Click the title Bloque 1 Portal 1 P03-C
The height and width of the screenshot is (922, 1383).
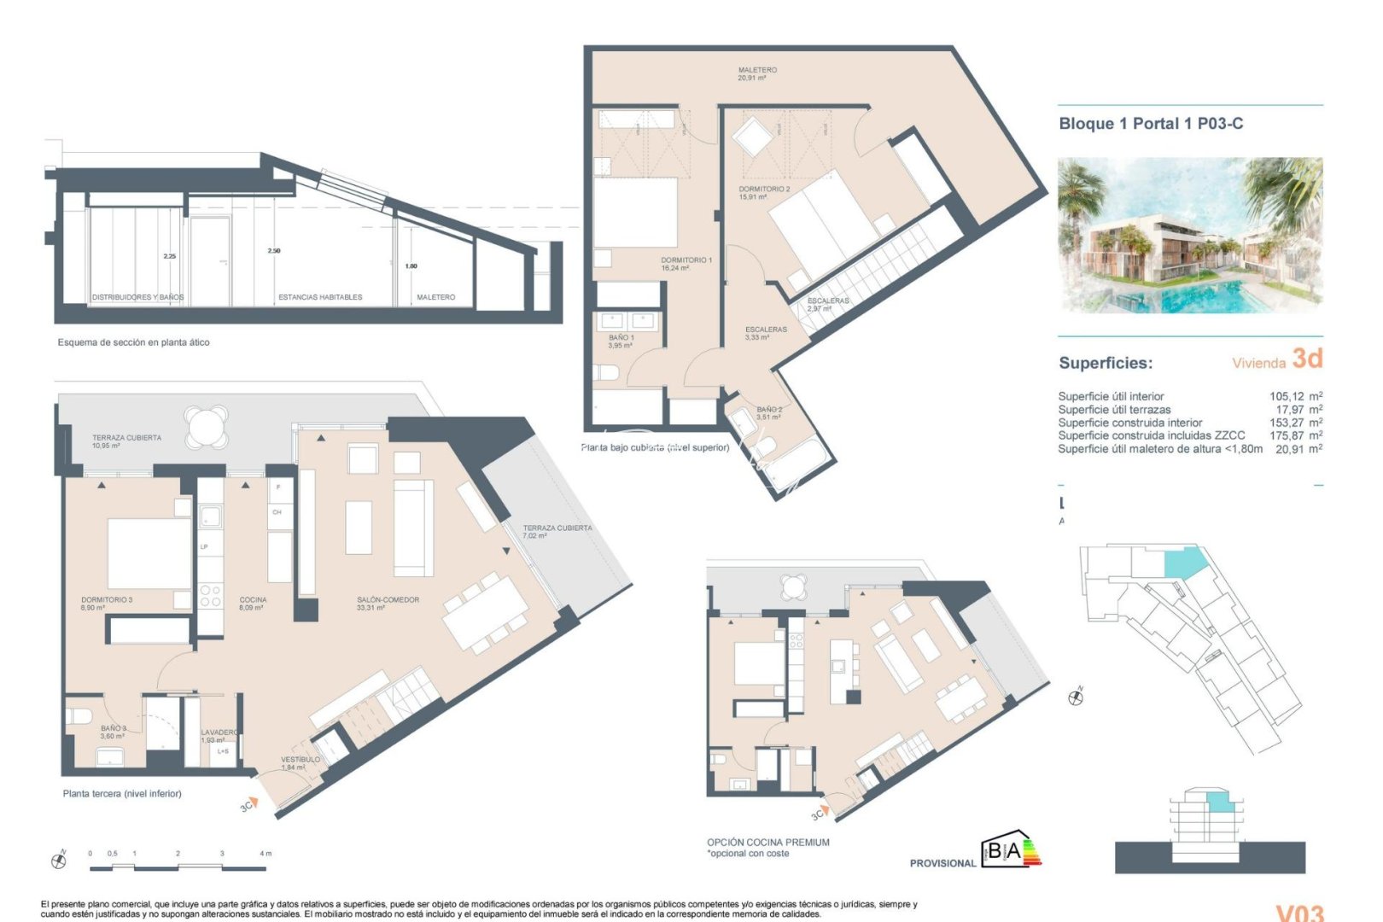(x=1150, y=124)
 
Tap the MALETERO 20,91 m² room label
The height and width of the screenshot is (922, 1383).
(x=756, y=74)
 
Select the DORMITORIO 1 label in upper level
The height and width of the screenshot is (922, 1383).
(x=686, y=264)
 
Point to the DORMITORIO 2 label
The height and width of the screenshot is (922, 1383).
(x=764, y=193)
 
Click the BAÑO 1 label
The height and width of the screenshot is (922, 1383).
(x=621, y=341)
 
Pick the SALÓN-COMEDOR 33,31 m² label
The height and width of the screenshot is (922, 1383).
(x=388, y=604)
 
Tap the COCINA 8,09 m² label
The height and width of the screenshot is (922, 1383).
(x=253, y=604)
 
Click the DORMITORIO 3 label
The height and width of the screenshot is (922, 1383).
(x=107, y=604)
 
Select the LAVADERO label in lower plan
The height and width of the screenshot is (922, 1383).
(x=219, y=735)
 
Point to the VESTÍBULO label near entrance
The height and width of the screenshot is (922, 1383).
(x=300, y=762)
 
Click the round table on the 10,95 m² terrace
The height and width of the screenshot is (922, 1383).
(x=207, y=426)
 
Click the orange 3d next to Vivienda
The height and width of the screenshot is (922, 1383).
(x=1306, y=359)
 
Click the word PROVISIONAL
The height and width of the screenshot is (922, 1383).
(x=942, y=863)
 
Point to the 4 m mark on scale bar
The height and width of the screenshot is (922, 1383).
(x=265, y=853)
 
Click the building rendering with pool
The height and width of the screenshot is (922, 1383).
(x=1189, y=235)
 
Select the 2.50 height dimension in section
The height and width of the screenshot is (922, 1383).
(x=273, y=251)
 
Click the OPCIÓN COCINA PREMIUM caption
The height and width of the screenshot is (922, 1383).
(x=767, y=843)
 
